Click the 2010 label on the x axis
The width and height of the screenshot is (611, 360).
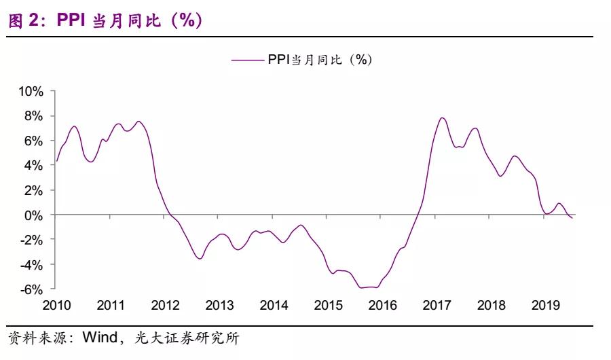point(56,305)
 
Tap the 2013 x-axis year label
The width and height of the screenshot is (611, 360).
point(219,305)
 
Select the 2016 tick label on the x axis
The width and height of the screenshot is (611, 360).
point(382,305)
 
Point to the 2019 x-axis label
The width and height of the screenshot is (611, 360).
point(545,305)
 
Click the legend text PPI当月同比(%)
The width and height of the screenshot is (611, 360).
point(319,60)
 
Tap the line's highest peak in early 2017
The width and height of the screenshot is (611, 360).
point(443,118)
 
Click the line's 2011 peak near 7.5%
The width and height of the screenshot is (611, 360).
point(138,122)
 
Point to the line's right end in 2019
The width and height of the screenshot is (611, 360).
point(572,218)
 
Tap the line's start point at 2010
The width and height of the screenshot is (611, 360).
point(56,161)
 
